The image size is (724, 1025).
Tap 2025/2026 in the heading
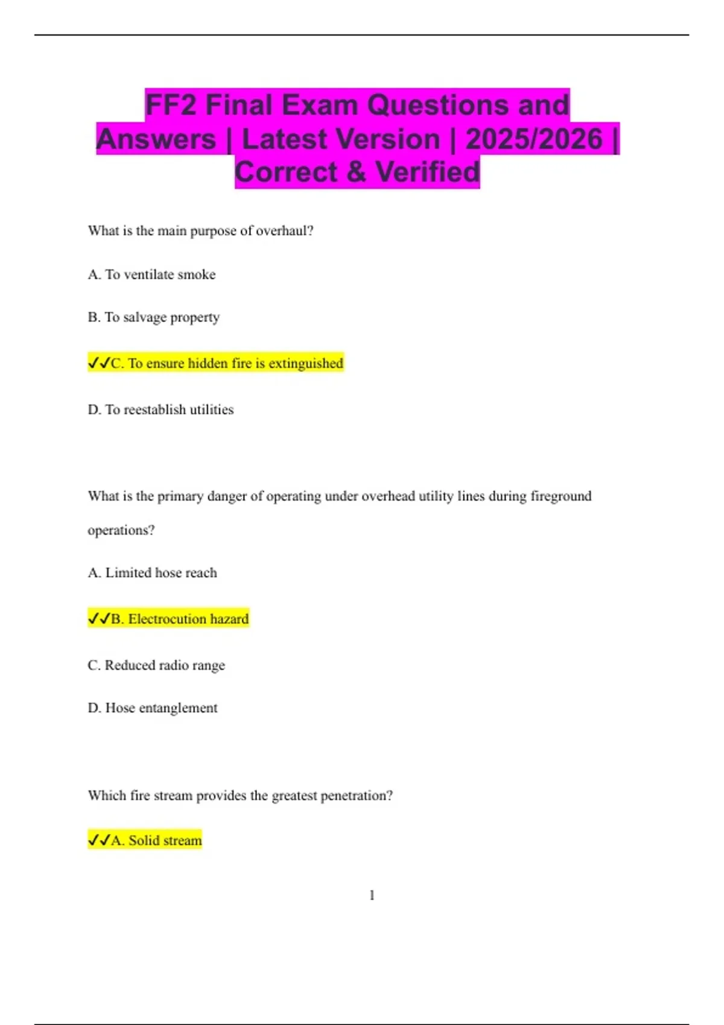534,139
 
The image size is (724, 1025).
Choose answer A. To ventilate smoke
151,274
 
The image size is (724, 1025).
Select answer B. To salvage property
153,317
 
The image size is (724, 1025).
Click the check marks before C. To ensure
99,363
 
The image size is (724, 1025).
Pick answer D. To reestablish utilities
160,409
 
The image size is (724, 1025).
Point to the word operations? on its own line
121,530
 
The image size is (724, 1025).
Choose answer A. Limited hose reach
152,573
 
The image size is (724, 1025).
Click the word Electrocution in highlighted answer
167,619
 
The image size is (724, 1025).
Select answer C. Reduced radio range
156,665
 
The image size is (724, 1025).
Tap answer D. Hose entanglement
153,708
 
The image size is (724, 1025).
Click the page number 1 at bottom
372,895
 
